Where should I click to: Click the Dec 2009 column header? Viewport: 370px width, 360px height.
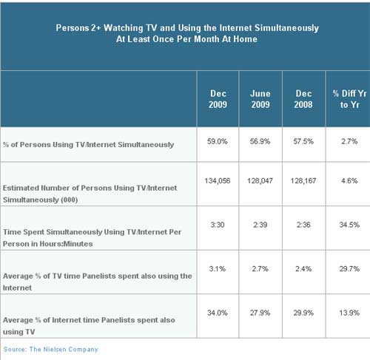tap(218, 99)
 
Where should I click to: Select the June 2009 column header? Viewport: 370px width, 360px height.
tap(260, 99)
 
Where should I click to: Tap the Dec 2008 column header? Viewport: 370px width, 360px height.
tap(303, 99)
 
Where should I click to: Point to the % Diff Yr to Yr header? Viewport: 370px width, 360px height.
tap(349, 99)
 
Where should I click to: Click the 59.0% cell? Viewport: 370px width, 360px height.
tap(218, 141)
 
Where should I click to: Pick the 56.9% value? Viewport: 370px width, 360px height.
tap(260, 141)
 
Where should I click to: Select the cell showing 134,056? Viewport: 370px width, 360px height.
tap(218, 181)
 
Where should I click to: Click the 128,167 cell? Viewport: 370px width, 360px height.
tap(303, 181)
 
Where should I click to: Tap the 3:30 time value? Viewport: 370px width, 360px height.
tap(218, 225)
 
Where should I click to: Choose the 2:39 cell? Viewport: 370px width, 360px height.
tap(260, 225)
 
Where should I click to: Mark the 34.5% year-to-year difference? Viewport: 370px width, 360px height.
tap(349, 225)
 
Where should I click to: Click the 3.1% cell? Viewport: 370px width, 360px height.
tap(218, 268)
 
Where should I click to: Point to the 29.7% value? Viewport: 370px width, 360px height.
tap(349, 268)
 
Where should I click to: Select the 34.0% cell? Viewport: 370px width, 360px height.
tap(218, 313)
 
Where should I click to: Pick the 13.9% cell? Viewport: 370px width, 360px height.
tap(349, 313)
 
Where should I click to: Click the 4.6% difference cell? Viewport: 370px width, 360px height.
tap(349, 181)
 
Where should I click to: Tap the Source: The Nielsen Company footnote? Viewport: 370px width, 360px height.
tap(51, 350)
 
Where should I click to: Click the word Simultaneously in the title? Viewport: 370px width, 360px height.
tap(286, 28)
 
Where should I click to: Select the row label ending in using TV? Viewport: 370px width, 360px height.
tap(89, 326)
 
